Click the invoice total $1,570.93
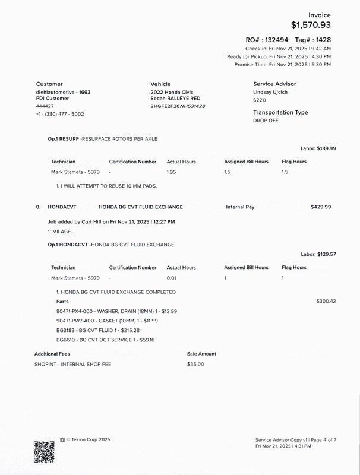pyautogui.click(x=311, y=25)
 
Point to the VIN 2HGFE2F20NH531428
pyautogui.click(x=178, y=106)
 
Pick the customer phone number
pyautogui.click(x=60, y=114)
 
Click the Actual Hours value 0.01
pyautogui.click(x=172, y=278)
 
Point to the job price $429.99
pyautogui.click(x=321, y=207)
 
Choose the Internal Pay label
pyautogui.click(x=240, y=207)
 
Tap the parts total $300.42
pyautogui.click(x=326, y=302)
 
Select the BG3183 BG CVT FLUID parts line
pyautogui.click(x=97, y=330)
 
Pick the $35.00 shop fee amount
pyautogui.click(x=195, y=364)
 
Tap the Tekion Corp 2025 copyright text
pyautogui.click(x=88, y=440)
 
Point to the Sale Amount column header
pyautogui.click(x=201, y=354)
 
